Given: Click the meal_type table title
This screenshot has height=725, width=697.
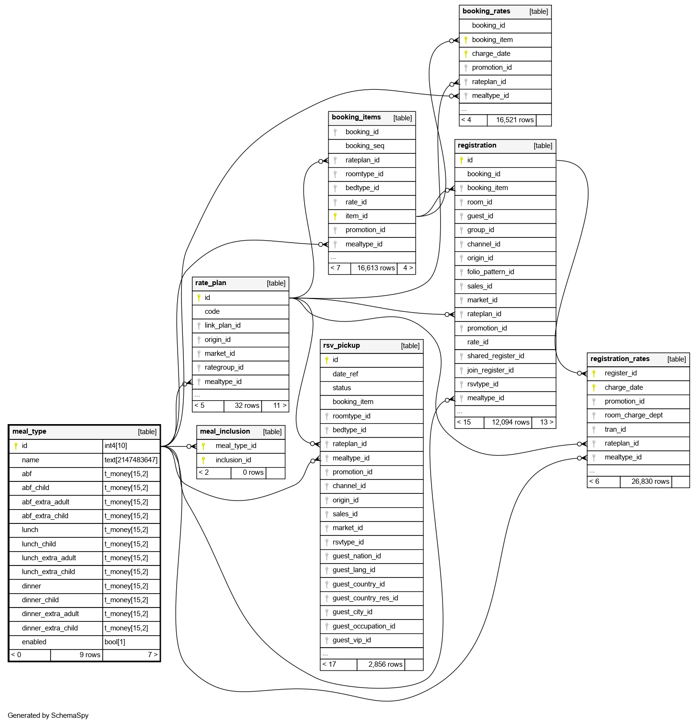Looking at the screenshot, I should pos(30,432).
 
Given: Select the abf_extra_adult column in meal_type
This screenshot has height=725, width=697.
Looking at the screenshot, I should pos(45,502).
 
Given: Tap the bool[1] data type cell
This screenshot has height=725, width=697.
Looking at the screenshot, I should pos(115,642).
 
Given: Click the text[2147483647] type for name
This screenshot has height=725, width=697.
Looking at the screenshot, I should pos(131,460).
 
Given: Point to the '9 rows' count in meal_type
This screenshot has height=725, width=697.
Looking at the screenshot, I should pos(90,655).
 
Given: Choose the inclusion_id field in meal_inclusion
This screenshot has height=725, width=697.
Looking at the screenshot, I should pos(233,460).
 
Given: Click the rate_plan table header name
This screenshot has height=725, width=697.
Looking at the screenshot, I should pos(211,283).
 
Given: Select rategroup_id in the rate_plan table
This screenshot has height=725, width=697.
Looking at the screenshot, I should pos(224,367).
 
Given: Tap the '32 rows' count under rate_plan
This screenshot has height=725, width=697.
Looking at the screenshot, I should pos(247,405).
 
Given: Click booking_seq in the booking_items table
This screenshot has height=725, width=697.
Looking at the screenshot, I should pos(365,146).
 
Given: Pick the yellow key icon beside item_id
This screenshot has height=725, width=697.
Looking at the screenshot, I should pos(335,216).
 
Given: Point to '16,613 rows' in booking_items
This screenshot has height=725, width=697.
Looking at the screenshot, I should pos(376,268).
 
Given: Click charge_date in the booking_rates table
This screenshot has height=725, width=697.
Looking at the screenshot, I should pos(491,53).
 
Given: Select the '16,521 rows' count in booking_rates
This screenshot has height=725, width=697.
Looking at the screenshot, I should pos(515,120).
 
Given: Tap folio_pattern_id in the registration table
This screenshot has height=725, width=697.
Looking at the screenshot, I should pos(490,272).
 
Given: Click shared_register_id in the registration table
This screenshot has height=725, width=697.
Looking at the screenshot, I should pos(496,356).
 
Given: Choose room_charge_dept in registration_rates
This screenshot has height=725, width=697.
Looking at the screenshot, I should pos(634,415).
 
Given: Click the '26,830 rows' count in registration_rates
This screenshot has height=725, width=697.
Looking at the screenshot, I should pos(650,481).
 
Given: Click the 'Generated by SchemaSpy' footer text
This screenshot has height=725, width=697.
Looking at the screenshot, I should pos(48,715).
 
